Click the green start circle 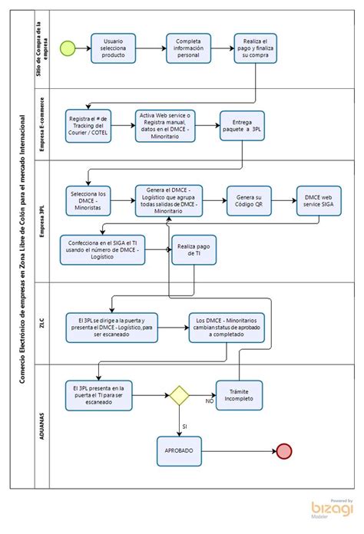(x=68, y=48)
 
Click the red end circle (x=284, y=451)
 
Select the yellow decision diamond (x=179, y=395)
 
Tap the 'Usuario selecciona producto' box (x=113, y=48)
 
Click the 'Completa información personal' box (x=188, y=48)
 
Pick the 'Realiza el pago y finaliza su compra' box (x=255, y=48)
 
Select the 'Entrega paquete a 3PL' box (x=242, y=126)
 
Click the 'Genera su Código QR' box (x=249, y=200)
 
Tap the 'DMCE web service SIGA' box (x=319, y=200)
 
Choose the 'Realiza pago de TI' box (x=194, y=249)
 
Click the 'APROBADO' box (x=179, y=451)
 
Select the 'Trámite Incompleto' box (x=239, y=395)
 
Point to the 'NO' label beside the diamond (x=210, y=401)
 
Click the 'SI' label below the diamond (x=184, y=427)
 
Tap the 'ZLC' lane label (x=41, y=323)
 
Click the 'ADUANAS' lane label (x=42, y=426)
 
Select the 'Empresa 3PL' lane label (x=42, y=221)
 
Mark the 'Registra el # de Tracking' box (x=88, y=126)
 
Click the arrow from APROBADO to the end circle (x=239, y=451)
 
